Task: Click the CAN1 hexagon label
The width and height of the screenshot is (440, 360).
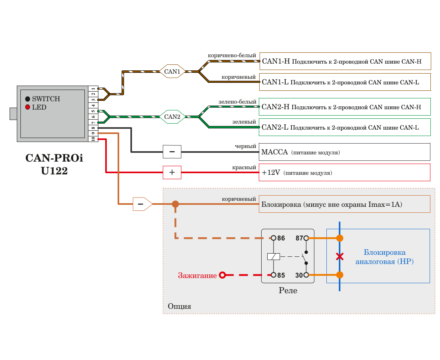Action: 172,72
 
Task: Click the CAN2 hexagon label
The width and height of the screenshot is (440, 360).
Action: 172,117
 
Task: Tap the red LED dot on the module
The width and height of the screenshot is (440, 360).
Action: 28,107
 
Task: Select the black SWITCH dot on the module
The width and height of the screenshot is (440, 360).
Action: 28,99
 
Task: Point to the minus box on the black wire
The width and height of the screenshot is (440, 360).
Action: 172,152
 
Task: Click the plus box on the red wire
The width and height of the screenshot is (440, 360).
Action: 172,173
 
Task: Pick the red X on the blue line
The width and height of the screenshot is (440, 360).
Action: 340,256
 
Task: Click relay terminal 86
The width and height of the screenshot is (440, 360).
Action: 274,238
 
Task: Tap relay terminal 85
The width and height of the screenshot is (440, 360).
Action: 274,275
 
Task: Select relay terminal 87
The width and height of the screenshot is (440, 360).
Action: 306,238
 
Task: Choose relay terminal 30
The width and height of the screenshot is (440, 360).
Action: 306,275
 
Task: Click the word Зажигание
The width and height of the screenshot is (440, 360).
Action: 198,275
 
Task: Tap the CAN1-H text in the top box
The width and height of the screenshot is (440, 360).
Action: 276,62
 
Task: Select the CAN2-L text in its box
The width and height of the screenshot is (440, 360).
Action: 275,128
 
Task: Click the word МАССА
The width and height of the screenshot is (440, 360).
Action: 274,152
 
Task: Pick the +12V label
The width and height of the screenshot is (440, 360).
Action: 271,173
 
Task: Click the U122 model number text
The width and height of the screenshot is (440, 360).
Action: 54,171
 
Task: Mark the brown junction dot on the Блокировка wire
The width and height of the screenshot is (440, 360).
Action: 175,204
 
